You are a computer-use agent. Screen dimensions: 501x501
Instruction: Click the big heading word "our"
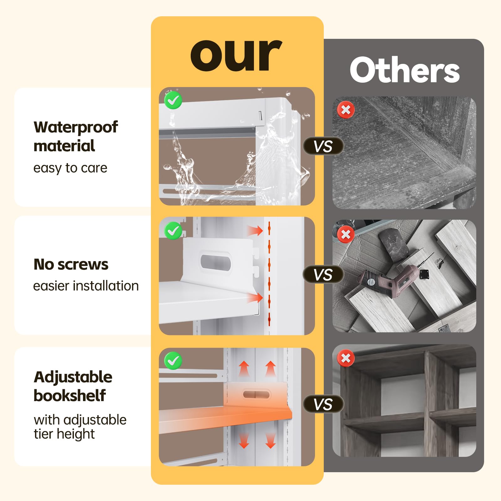236,55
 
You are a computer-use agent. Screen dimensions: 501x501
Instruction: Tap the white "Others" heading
405,70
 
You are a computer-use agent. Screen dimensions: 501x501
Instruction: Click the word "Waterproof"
75,127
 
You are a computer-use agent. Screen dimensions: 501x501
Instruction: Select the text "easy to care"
70,168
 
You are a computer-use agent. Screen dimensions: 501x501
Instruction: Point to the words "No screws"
71,264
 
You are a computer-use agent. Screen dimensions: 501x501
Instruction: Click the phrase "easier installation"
86,286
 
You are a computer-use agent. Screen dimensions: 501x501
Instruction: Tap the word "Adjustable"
73,377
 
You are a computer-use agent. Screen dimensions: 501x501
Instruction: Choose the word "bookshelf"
70,395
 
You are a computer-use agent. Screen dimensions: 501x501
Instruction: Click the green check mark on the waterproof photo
173,100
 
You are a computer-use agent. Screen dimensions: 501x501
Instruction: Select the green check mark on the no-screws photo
173,231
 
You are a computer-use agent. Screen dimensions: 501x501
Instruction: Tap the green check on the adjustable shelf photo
173,361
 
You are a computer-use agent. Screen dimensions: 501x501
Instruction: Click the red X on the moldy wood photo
346,110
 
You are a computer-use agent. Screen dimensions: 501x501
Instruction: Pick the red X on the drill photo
346,234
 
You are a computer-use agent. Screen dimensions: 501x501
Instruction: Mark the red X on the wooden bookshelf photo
346,358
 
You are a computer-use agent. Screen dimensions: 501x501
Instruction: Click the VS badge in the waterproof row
323,146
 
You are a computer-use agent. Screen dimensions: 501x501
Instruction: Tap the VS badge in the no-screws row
323,275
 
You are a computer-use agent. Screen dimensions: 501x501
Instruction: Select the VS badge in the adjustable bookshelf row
323,404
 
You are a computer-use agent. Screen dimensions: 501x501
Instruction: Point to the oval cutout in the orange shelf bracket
256,395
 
